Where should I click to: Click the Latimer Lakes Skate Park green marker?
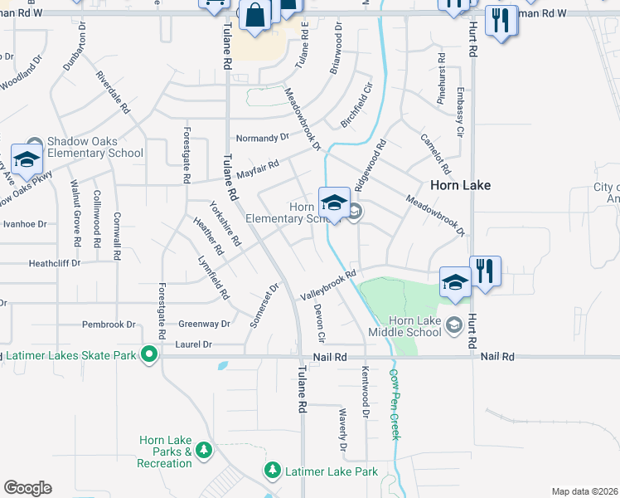tap(149, 356)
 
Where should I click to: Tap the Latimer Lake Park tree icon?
tap(272, 471)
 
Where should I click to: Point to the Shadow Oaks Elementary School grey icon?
tap(34, 142)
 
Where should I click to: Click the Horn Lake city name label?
tap(460, 185)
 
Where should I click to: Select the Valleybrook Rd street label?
tap(328, 284)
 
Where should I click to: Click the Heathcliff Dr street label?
tap(55, 263)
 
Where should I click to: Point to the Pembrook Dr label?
tap(109, 325)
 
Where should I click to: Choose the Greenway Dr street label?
tap(204, 325)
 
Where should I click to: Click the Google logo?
tap(27, 488)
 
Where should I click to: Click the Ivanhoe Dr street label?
tap(25, 224)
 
